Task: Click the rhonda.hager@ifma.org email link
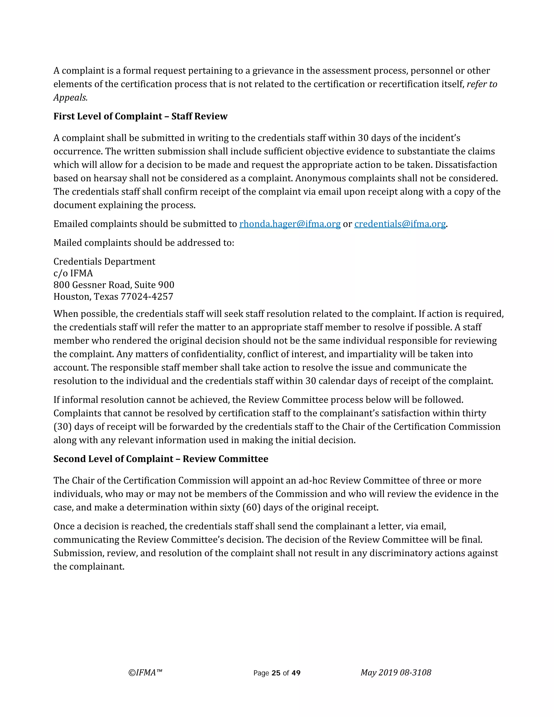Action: tap(290, 224)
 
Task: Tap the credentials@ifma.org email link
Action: tap(400, 224)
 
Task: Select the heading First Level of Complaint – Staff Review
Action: tap(140, 116)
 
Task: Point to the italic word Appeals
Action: tap(70, 97)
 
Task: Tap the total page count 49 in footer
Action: tap(296, 673)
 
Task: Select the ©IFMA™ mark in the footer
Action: tap(145, 673)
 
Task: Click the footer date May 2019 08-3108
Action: tap(395, 673)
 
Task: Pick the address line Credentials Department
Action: tap(104, 262)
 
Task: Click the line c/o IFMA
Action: tap(73, 273)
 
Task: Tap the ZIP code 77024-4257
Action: tap(147, 297)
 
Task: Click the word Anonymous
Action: tap(320, 178)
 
